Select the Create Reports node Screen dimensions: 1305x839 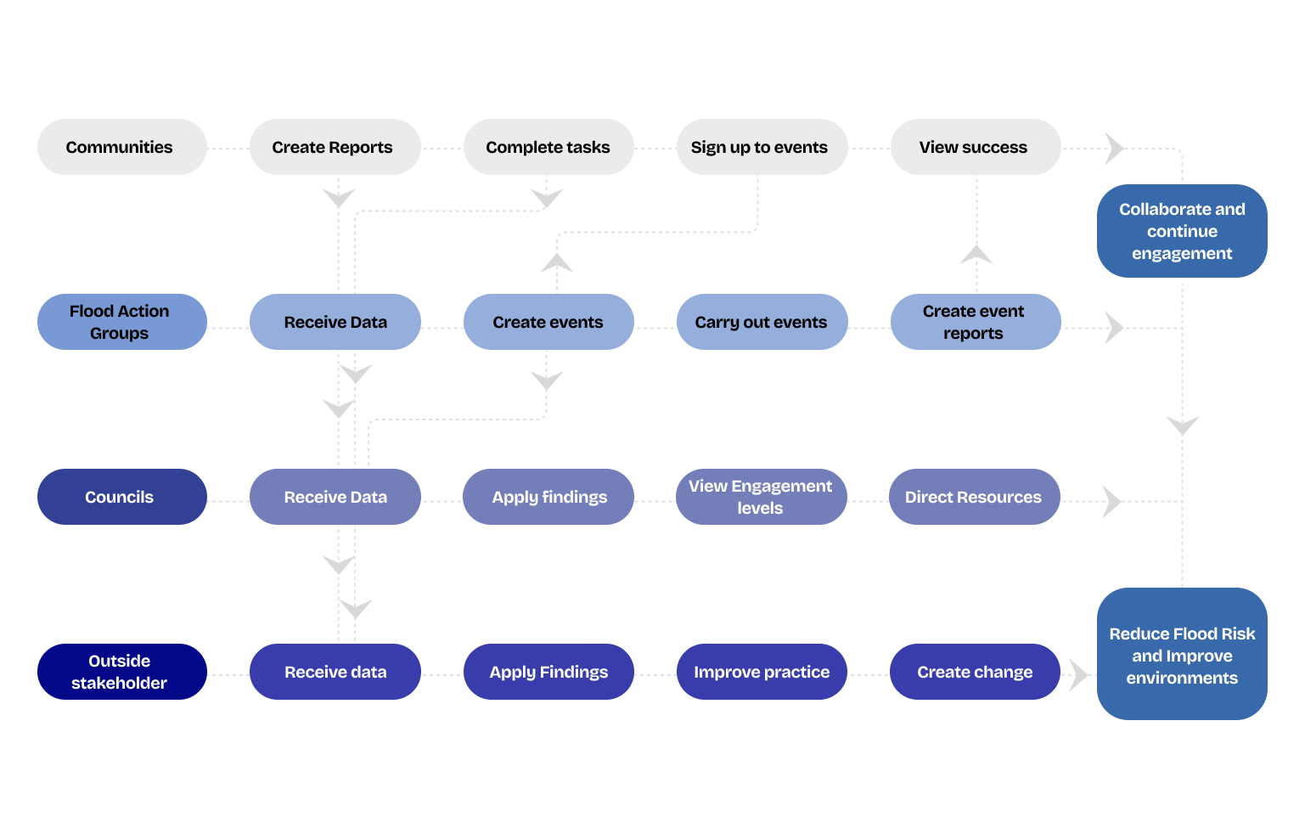pos(335,147)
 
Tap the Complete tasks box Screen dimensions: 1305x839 pos(548,147)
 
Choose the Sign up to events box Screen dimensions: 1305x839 pos(762,147)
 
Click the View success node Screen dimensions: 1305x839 pos(976,147)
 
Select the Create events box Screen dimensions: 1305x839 pos(548,322)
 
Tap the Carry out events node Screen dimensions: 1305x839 pos(762,322)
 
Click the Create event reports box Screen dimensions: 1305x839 pos(976,322)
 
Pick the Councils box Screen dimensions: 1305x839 pos(121,497)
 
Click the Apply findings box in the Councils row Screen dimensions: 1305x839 pos(548,497)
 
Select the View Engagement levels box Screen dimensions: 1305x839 pos(761,497)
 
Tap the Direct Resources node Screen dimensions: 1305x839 pos(974,497)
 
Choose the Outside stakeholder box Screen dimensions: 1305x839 pos(121,671)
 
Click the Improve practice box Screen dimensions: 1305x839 pos(762,671)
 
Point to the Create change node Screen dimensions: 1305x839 pos(975,671)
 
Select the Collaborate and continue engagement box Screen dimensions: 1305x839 pos(1182,231)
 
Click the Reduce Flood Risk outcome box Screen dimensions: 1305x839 pos(1182,654)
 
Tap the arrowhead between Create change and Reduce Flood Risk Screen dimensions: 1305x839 pos(1079,675)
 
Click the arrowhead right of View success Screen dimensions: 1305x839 pos(1114,149)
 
